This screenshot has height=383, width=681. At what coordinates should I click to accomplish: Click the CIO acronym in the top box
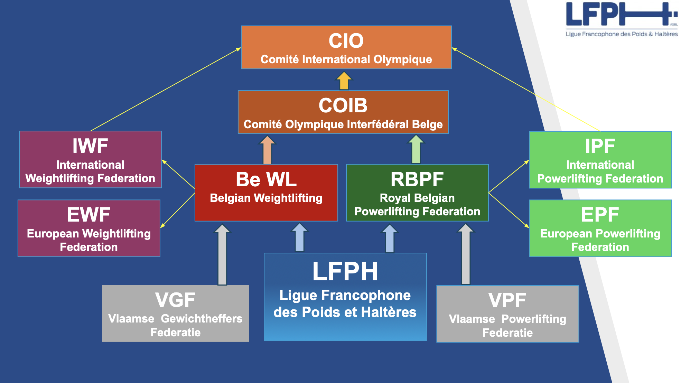click(x=346, y=41)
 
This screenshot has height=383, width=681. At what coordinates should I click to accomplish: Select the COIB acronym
click(x=343, y=105)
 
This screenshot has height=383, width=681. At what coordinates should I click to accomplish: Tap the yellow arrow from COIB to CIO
click(x=344, y=81)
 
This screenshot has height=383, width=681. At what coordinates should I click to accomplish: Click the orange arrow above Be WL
click(x=267, y=150)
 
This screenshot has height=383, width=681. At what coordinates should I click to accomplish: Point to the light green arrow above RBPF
click(x=416, y=149)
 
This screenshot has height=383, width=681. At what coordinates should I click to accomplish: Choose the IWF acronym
click(x=90, y=146)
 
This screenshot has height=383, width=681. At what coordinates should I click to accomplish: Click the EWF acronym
click(x=89, y=215)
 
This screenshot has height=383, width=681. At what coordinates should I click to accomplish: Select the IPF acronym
click(x=600, y=146)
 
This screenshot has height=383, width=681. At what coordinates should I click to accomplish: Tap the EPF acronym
click(x=600, y=215)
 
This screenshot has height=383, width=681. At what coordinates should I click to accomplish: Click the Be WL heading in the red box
click(x=266, y=179)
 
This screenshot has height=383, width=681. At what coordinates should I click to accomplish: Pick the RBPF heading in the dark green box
click(x=417, y=179)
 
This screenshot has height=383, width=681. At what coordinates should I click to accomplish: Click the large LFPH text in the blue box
click(x=345, y=272)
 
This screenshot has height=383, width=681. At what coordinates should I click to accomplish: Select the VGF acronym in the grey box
click(x=175, y=300)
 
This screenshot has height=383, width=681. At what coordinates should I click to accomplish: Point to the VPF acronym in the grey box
click(x=507, y=300)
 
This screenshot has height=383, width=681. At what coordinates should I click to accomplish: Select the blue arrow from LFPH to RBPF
click(x=390, y=239)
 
